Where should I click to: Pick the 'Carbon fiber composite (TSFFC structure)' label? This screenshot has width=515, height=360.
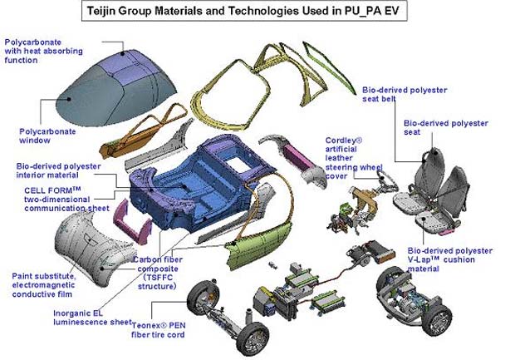(x=163, y=272)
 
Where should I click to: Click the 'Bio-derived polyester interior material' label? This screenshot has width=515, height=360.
(x=56, y=171)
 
